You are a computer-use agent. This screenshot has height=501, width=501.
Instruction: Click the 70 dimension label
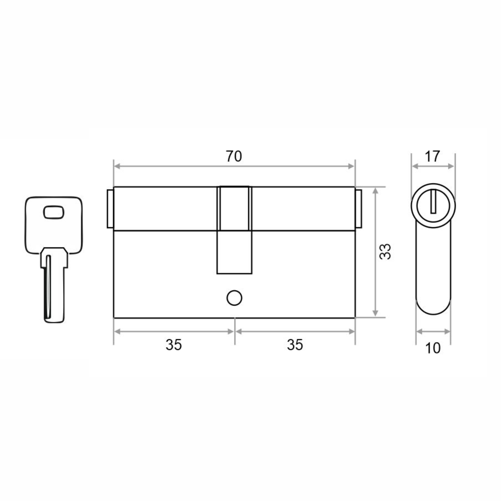pos(234,156)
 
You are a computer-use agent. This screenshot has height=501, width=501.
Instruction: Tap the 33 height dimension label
pos(385,251)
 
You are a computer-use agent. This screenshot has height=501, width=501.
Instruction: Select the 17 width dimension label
pos(432,156)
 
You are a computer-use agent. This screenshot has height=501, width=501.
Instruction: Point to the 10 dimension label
pos(433,348)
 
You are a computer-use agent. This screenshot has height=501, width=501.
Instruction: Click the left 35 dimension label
pos(174,345)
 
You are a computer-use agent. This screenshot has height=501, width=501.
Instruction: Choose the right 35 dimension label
pos(295,345)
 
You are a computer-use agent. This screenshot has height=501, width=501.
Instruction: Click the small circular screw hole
pos(234,298)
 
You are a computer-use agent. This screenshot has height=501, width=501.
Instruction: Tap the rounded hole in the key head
pos(53,212)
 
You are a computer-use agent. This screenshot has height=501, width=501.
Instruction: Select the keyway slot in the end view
pos(433,205)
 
